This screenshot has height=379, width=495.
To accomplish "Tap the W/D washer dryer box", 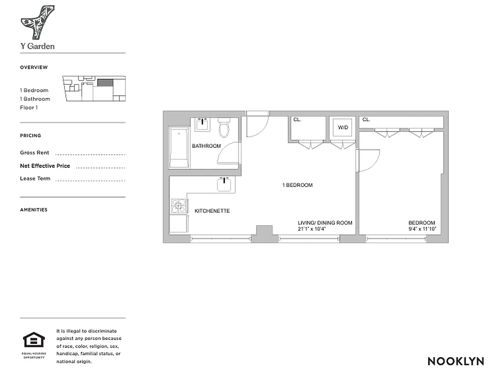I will (x=342, y=127).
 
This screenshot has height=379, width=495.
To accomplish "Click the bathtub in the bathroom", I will (x=179, y=147).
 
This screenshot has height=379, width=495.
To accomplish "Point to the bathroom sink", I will (x=203, y=124).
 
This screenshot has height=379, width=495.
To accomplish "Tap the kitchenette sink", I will (x=226, y=184).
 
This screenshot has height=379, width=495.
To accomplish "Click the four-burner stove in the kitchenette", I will (x=179, y=205).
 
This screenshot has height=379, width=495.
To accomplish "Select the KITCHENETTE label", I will (x=212, y=211).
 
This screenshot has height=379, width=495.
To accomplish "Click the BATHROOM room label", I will (x=206, y=146).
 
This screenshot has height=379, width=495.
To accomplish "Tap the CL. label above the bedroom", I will (x=366, y=120).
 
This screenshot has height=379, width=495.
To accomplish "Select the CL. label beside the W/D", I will (x=297, y=120).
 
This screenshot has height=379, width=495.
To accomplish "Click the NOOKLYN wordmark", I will (x=456, y=361).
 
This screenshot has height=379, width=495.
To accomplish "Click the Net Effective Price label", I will (x=45, y=166).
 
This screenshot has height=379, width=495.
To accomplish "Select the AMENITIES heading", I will (x=34, y=210).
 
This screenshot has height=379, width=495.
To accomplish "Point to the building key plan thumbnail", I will (x=94, y=89).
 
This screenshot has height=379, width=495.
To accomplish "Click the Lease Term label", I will (x=35, y=179).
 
